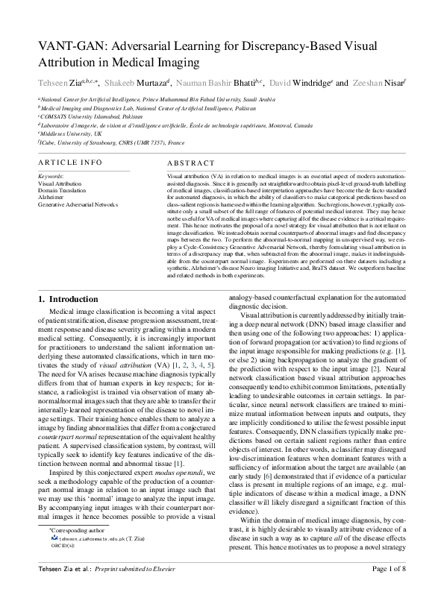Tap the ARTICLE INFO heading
70,162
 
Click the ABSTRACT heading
186,162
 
